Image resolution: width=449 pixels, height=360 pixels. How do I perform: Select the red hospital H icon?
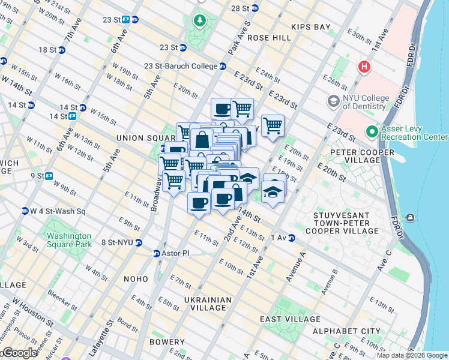[x=363, y=67]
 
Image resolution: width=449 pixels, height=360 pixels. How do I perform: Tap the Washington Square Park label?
[x=69, y=240]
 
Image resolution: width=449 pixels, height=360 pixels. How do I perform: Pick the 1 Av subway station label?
[x=280, y=238]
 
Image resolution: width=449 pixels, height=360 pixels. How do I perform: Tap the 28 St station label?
[x=240, y=8]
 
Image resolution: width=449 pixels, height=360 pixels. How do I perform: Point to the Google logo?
[x=19, y=353]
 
